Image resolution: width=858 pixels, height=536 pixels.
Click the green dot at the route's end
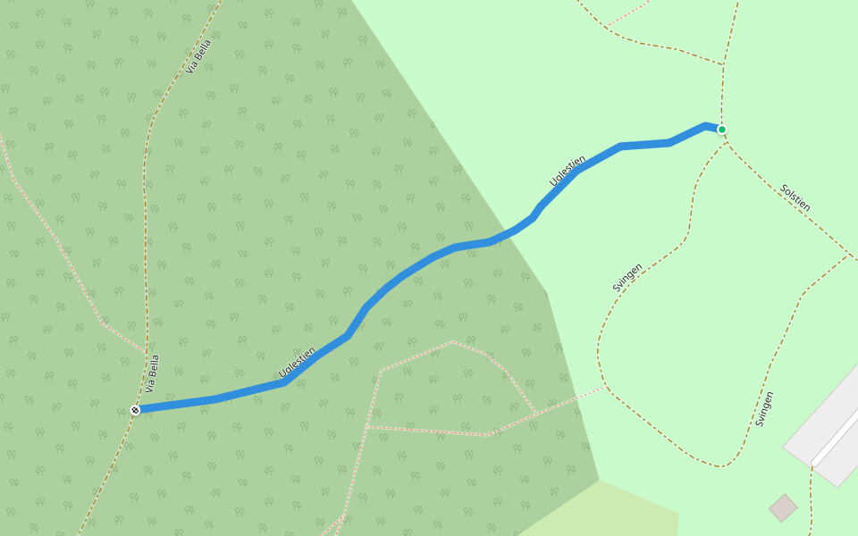(721, 130)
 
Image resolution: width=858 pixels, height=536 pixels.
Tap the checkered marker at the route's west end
(135, 410)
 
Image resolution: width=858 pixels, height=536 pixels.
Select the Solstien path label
(795, 197)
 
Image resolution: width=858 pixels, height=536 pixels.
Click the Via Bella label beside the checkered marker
(153, 373)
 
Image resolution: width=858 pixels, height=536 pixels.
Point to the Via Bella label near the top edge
(199, 56)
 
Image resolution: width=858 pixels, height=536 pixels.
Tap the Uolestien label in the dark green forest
(297, 362)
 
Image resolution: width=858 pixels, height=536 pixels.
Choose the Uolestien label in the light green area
(568, 171)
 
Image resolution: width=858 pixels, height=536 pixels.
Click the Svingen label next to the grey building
(764, 408)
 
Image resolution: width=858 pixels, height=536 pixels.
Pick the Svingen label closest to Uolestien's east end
(627, 277)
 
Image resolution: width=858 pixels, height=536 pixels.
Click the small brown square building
(783, 508)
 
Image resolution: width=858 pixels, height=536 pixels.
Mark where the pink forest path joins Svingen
(606, 388)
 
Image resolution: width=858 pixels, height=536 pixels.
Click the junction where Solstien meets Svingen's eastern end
(848, 254)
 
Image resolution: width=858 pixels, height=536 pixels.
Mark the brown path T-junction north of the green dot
(723, 64)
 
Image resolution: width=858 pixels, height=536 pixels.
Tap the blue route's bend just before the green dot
(706, 125)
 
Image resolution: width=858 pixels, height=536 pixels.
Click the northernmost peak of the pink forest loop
(453, 341)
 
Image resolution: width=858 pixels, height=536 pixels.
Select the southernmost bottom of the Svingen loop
(720, 466)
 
